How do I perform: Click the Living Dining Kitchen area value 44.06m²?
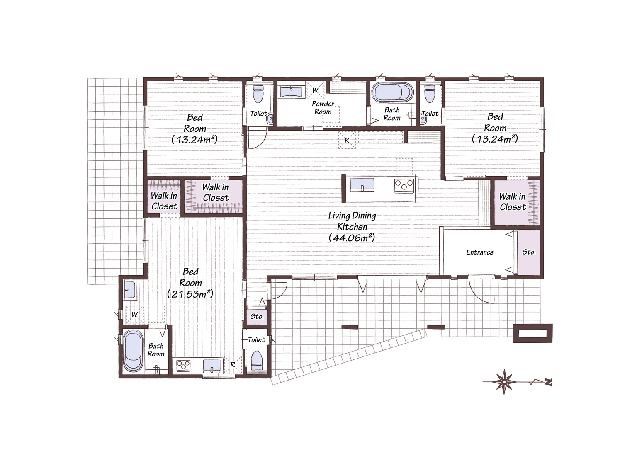click(x=352, y=238)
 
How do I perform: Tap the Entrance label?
click(x=480, y=252)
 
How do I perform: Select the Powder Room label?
click(x=323, y=107)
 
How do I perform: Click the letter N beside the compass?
click(x=549, y=382)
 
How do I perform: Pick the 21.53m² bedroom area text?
click(x=190, y=294)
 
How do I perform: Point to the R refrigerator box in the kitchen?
click(x=347, y=140)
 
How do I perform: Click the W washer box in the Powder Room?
click(x=315, y=90)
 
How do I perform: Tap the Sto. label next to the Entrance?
click(x=529, y=252)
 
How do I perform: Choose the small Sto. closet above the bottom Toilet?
click(x=257, y=316)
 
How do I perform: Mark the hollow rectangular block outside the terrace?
click(x=532, y=333)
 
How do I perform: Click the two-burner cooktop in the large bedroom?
click(x=183, y=365)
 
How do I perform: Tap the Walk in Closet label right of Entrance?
click(x=513, y=201)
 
